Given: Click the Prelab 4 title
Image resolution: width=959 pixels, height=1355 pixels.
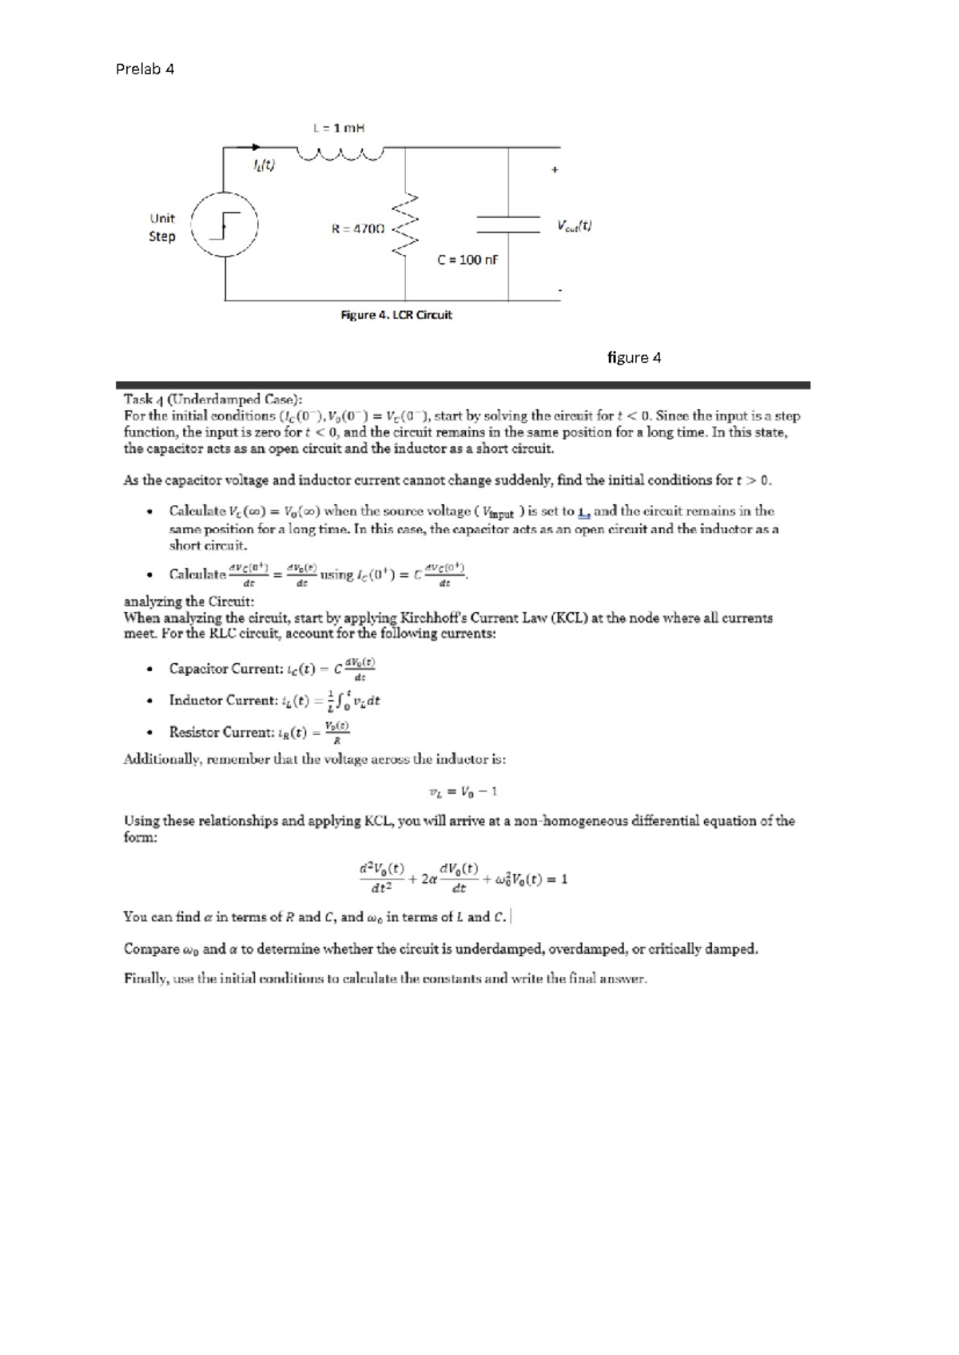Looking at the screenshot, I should click(145, 69).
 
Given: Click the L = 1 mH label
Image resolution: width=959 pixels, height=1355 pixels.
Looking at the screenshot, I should click(339, 127).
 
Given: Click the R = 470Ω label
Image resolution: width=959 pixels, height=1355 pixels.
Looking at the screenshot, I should click(358, 228).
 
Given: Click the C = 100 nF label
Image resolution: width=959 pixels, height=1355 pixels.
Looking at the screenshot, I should click(468, 260).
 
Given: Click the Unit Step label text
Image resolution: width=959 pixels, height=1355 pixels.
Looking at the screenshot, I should click(162, 227).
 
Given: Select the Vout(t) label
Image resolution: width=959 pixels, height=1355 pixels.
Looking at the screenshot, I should click(575, 226).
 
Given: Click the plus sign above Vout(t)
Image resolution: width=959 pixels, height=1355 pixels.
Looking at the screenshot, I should click(555, 169).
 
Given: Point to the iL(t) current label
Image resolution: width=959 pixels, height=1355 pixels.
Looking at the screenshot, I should click(263, 166).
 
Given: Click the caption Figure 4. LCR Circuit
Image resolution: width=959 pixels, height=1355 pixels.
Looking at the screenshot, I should click(396, 315).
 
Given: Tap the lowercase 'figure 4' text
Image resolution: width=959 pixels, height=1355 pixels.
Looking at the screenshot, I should click(634, 357).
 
